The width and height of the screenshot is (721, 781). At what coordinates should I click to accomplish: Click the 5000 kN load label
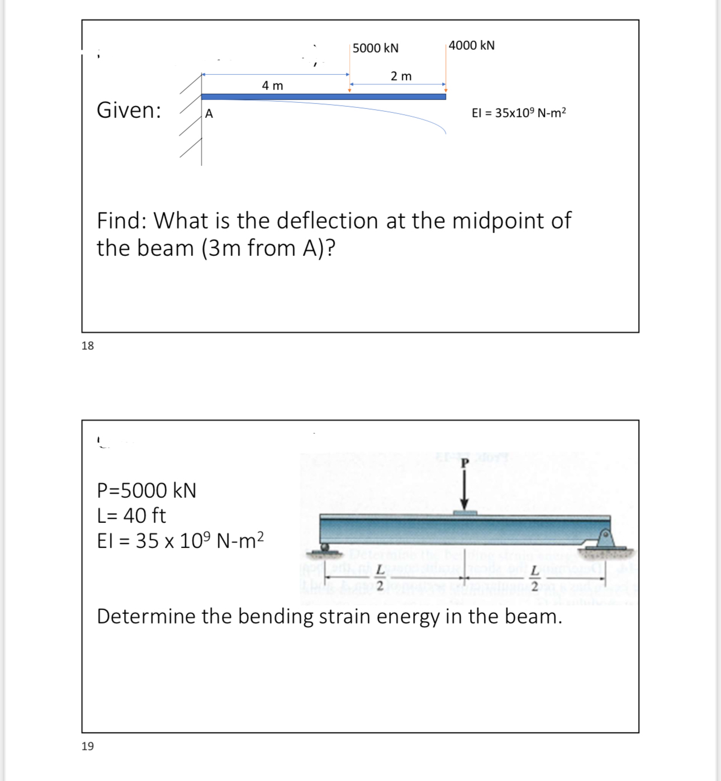click(x=375, y=48)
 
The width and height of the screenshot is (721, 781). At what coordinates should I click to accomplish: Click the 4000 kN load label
click(x=471, y=45)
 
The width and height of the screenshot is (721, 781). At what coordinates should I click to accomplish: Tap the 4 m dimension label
click(x=272, y=85)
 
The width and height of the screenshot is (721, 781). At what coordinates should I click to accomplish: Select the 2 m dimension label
click(x=401, y=76)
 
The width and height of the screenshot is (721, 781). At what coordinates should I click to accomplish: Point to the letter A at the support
click(x=208, y=114)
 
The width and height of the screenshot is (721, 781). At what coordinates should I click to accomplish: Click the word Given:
click(x=129, y=110)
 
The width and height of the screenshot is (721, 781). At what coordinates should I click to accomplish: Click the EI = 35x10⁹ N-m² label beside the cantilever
click(x=519, y=113)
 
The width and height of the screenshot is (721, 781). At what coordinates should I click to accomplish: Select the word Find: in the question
click(x=121, y=221)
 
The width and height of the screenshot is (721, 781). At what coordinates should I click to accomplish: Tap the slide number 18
click(x=88, y=346)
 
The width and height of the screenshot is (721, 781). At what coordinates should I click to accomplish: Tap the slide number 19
click(x=88, y=746)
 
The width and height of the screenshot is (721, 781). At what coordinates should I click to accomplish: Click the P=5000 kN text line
click(x=146, y=490)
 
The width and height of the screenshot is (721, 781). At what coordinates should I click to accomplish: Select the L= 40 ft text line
click(x=131, y=515)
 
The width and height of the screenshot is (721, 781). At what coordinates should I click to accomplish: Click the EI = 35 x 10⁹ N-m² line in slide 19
click(x=180, y=540)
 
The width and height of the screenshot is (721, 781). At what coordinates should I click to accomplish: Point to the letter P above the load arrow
click(x=464, y=463)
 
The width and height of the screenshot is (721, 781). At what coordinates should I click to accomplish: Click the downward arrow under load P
click(x=464, y=492)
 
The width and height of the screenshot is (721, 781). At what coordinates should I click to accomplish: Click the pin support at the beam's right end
click(x=605, y=539)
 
